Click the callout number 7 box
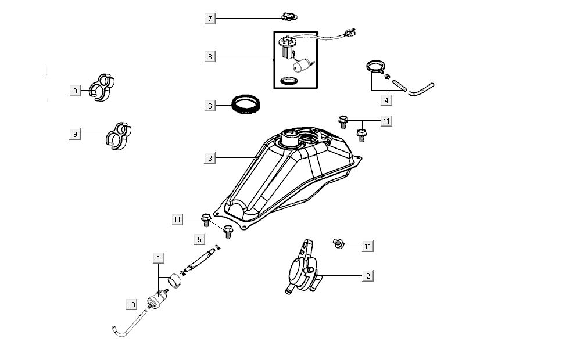[210, 19]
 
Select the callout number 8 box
[210, 56]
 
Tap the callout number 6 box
[210, 106]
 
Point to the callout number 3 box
[210, 157]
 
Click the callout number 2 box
[368, 275]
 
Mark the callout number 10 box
[131, 304]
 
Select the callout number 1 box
[158, 257]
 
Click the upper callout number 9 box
[74, 91]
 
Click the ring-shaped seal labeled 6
[245, 105]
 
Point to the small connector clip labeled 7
[286, 16]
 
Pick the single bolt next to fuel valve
[338, 243]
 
